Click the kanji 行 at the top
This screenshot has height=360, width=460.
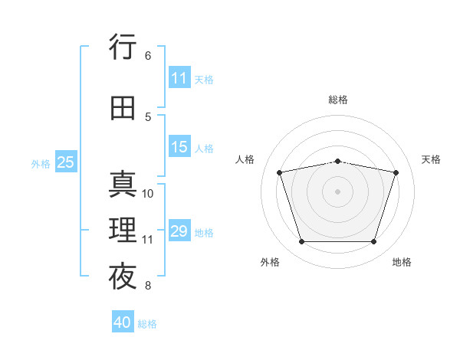123,47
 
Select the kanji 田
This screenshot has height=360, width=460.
123,108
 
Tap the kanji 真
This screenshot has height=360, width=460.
123,184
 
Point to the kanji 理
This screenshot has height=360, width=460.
123,230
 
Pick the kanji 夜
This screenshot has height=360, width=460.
123,276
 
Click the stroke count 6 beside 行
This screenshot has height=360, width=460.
148,56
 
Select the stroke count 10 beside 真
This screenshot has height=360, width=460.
147,194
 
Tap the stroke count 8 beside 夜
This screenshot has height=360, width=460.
148,285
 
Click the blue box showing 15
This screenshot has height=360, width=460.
179,146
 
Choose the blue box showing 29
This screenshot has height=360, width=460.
179,230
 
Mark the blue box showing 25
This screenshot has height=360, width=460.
66,162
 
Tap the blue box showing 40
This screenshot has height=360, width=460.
123,321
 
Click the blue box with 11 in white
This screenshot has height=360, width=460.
179,77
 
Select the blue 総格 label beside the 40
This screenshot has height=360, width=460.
147,324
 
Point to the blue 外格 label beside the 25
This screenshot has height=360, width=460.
41,164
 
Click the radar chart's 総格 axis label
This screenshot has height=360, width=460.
338,100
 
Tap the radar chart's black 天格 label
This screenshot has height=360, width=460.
431,159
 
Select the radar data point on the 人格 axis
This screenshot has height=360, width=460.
279,172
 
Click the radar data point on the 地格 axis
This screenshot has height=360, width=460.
374,242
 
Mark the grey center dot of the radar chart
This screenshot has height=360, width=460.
337,191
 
